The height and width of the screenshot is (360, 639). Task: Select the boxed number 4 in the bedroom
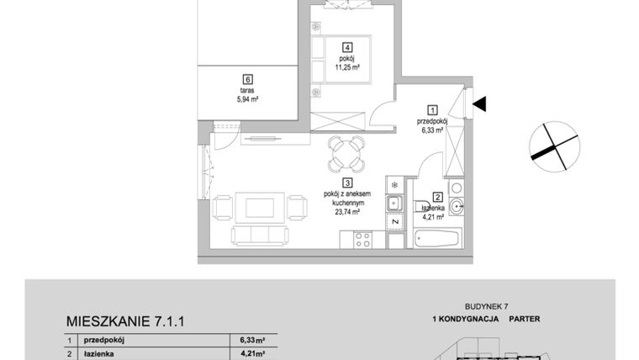346,48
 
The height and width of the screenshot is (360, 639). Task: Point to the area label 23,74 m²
346,214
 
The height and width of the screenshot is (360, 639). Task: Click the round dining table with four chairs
346,153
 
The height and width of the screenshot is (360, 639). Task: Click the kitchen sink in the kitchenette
393,203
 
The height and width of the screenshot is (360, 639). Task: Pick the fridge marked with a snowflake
393,183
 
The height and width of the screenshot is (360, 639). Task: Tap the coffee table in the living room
250,206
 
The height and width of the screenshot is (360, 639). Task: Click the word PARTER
523,320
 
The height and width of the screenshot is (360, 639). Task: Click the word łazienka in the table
99,354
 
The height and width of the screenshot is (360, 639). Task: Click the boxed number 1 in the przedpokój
433,109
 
